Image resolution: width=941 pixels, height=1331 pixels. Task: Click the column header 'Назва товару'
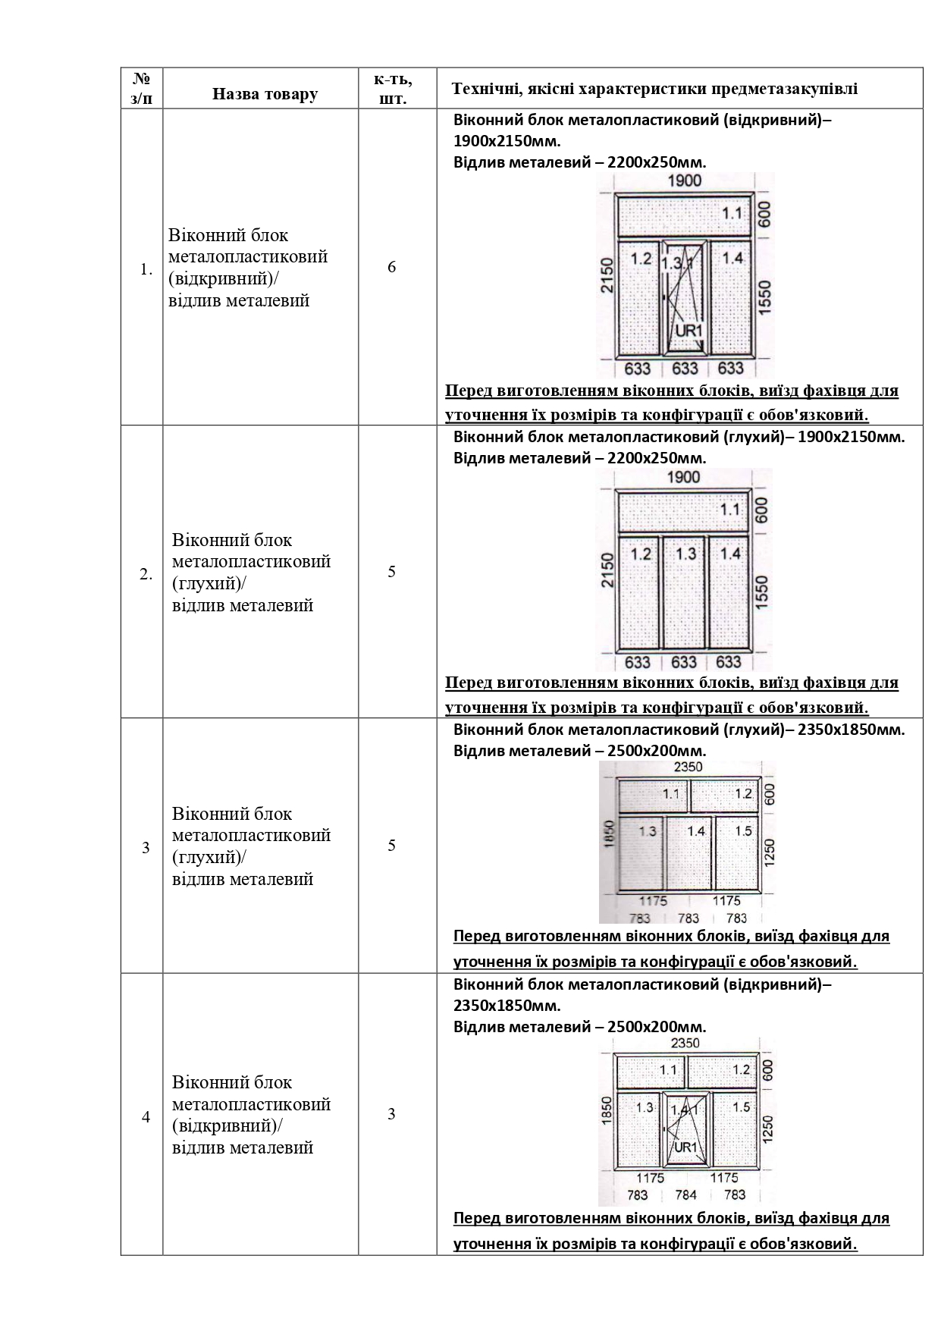(265, 94)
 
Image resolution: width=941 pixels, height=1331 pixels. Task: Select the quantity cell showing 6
(391, 267)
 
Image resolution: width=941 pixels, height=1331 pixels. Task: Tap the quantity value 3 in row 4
(391, 1114)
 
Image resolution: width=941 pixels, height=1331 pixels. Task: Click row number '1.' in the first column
(146, 269)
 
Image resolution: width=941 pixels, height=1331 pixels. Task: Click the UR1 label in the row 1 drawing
(689, 331)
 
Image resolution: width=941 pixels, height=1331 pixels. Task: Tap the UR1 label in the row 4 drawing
(685, 1147)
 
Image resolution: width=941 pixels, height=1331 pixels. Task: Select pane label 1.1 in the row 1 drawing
(732, 213)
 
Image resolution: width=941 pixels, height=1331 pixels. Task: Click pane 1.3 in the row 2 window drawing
(685, 554)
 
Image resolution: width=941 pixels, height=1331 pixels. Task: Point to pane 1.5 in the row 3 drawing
(743, 830)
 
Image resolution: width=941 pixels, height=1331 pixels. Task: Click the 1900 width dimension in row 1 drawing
(684, 181)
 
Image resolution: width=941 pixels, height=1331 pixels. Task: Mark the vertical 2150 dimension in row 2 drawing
(605, 570)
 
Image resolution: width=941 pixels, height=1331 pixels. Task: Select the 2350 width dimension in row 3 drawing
(688, 767)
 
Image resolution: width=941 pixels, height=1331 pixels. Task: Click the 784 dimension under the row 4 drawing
(685, 1194)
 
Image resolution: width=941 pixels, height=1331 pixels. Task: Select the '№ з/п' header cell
(141, 88)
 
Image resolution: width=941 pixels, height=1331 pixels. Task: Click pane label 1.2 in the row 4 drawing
(741, 1069)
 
